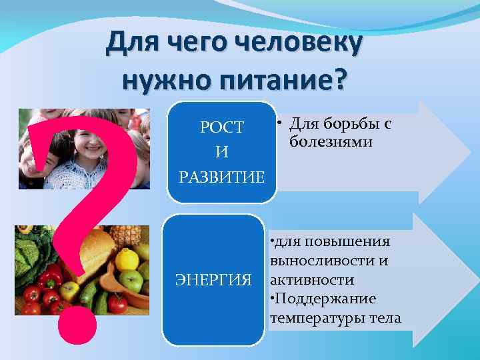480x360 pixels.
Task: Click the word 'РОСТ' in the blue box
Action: [222, 127]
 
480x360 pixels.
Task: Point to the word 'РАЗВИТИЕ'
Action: [222, 177]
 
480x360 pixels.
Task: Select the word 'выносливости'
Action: [311, 260]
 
